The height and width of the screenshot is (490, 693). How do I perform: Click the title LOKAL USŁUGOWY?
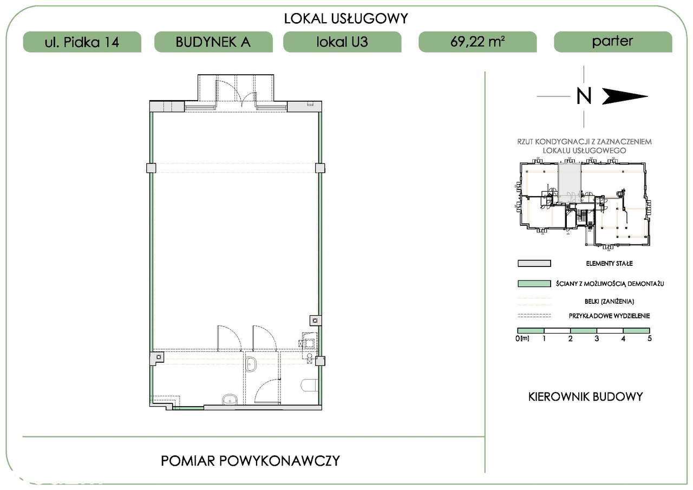click(x=346, y=18)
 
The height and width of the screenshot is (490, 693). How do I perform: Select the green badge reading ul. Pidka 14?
click(x=82, y=42)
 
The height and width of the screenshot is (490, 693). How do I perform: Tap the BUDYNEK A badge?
click(x=213, y=42)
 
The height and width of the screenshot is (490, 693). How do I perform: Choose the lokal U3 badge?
click(x=342, y=42)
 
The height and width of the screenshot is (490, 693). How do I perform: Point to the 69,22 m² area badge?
click(x=478, y=42)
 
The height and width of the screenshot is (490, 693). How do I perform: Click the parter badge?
click(x=613, y=42)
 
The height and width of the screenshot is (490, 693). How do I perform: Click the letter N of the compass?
click(x=584, y=96)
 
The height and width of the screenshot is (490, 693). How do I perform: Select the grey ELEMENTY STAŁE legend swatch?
click(x=534, y=264)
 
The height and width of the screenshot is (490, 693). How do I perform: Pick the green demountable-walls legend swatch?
click(x=534, y=284)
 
